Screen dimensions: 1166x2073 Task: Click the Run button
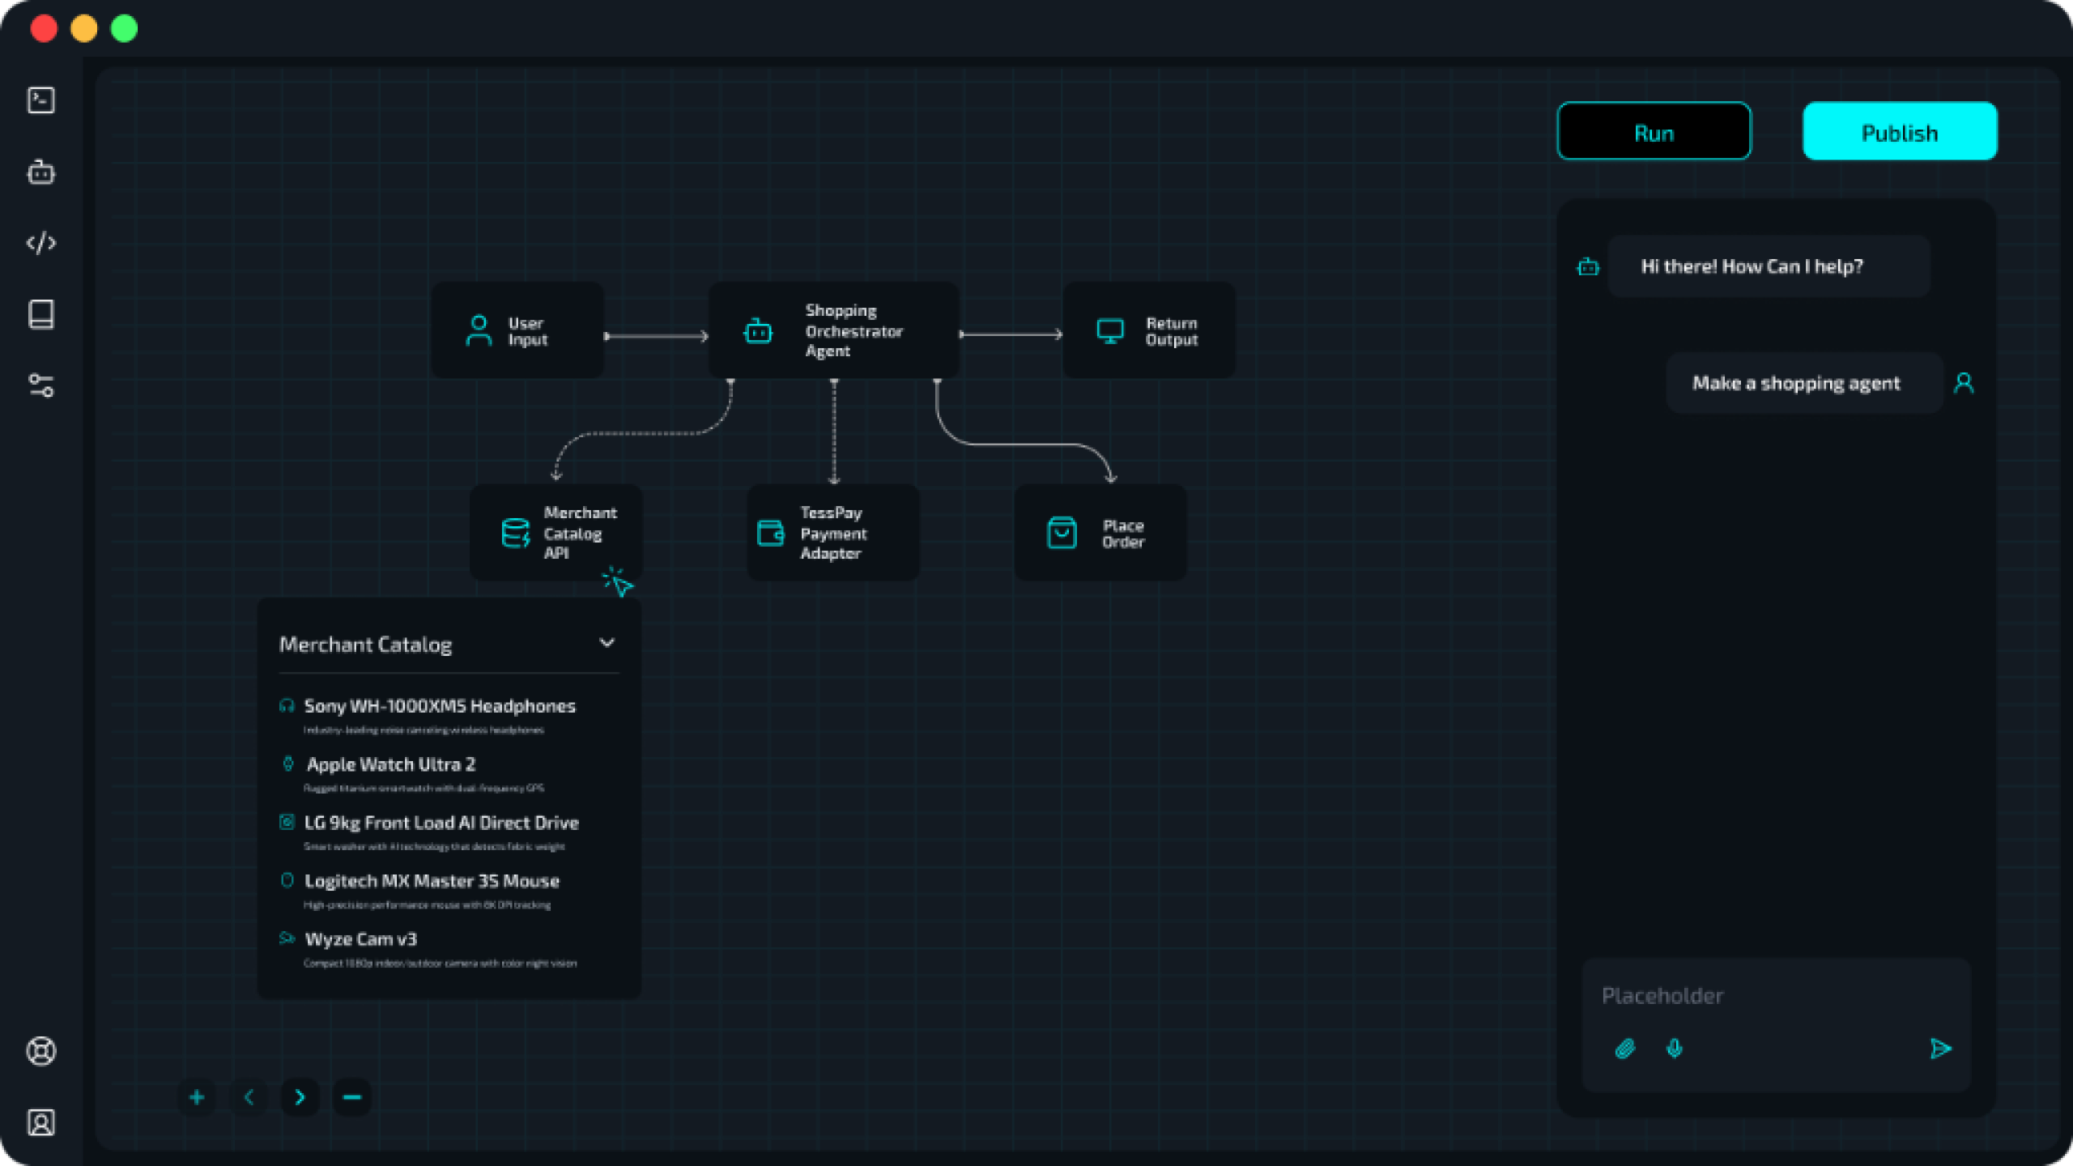tap(1654, 131)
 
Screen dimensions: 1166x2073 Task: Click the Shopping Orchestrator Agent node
tap(833, 330)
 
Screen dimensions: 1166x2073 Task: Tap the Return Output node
tap(1149, 330)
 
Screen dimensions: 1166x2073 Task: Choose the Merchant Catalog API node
tap(556, 532)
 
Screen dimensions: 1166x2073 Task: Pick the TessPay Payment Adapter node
tap(832, 532)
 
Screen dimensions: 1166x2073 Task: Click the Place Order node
tap(1100, 532)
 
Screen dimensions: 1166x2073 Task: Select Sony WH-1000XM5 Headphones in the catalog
tap(439, 706)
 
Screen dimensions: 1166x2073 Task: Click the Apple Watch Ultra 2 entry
tap(390, 764)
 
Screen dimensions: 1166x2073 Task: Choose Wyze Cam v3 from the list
tap(360, 939)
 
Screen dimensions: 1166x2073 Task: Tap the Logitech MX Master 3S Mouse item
tap(432, 881)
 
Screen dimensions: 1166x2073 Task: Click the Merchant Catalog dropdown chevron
tap(607, 643)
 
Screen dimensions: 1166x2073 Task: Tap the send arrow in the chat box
tap(1940, 1049)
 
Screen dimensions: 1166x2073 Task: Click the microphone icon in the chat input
tap(1675, 1049)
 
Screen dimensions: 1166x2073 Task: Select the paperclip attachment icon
tap(1624, 1049)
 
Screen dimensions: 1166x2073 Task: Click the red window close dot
tap(44, 28)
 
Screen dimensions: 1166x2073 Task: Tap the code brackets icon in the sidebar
tap(41, 243)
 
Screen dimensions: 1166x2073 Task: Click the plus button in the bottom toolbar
tap(197, 1097)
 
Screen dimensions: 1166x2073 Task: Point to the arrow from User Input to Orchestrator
tap(656, 335)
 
